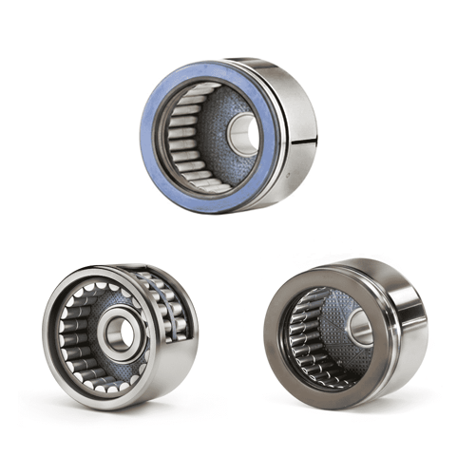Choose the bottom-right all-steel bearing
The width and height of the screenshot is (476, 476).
pyautogui.click(x=346, y=333)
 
